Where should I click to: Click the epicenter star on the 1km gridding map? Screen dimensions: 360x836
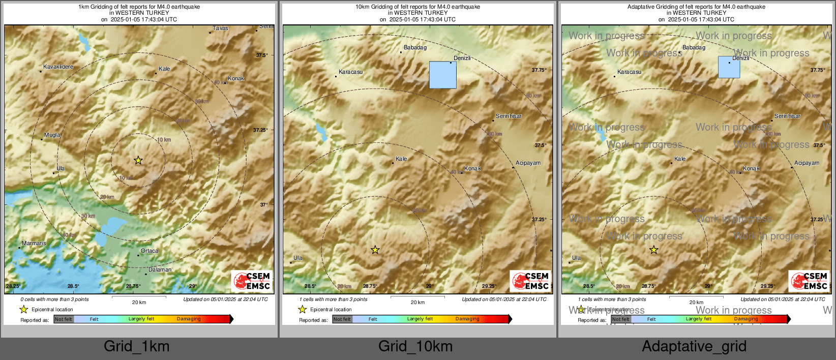[x=138, y=160]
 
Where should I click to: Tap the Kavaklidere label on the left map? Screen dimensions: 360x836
[x=58, y=67]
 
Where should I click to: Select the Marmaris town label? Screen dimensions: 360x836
[x=34, y=244]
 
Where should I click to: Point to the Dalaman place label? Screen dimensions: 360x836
[x=160, y=270]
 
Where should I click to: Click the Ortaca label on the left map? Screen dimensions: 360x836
[x=150, y=251]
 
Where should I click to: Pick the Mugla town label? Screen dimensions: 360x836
[x=52, y=135]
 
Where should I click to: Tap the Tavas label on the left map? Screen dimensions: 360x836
[x=220, y=28]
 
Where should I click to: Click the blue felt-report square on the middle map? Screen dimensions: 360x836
[x=442, y=75]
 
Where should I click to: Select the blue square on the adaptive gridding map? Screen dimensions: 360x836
[x=729, y=67]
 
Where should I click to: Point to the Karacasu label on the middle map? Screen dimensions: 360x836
[x=350, y=72]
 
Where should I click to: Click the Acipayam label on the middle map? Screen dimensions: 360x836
[x=528, y=163]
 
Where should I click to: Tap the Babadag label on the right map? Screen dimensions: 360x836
[x=694, y=48]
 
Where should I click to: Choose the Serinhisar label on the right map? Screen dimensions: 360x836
[x=787, y=116]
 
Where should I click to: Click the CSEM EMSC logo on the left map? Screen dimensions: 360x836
[x=252, y=281]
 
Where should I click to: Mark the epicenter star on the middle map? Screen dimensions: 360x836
[x=375, y=250]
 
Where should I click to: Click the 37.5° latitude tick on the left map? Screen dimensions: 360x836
[x=261, y=55]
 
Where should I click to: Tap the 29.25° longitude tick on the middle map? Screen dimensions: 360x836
[x=489, y=286]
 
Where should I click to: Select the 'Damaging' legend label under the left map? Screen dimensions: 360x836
[x=189, y=319]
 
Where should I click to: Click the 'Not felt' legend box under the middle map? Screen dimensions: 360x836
[x=342, y=319]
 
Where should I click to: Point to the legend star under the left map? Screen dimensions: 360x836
[x=24, y=309]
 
